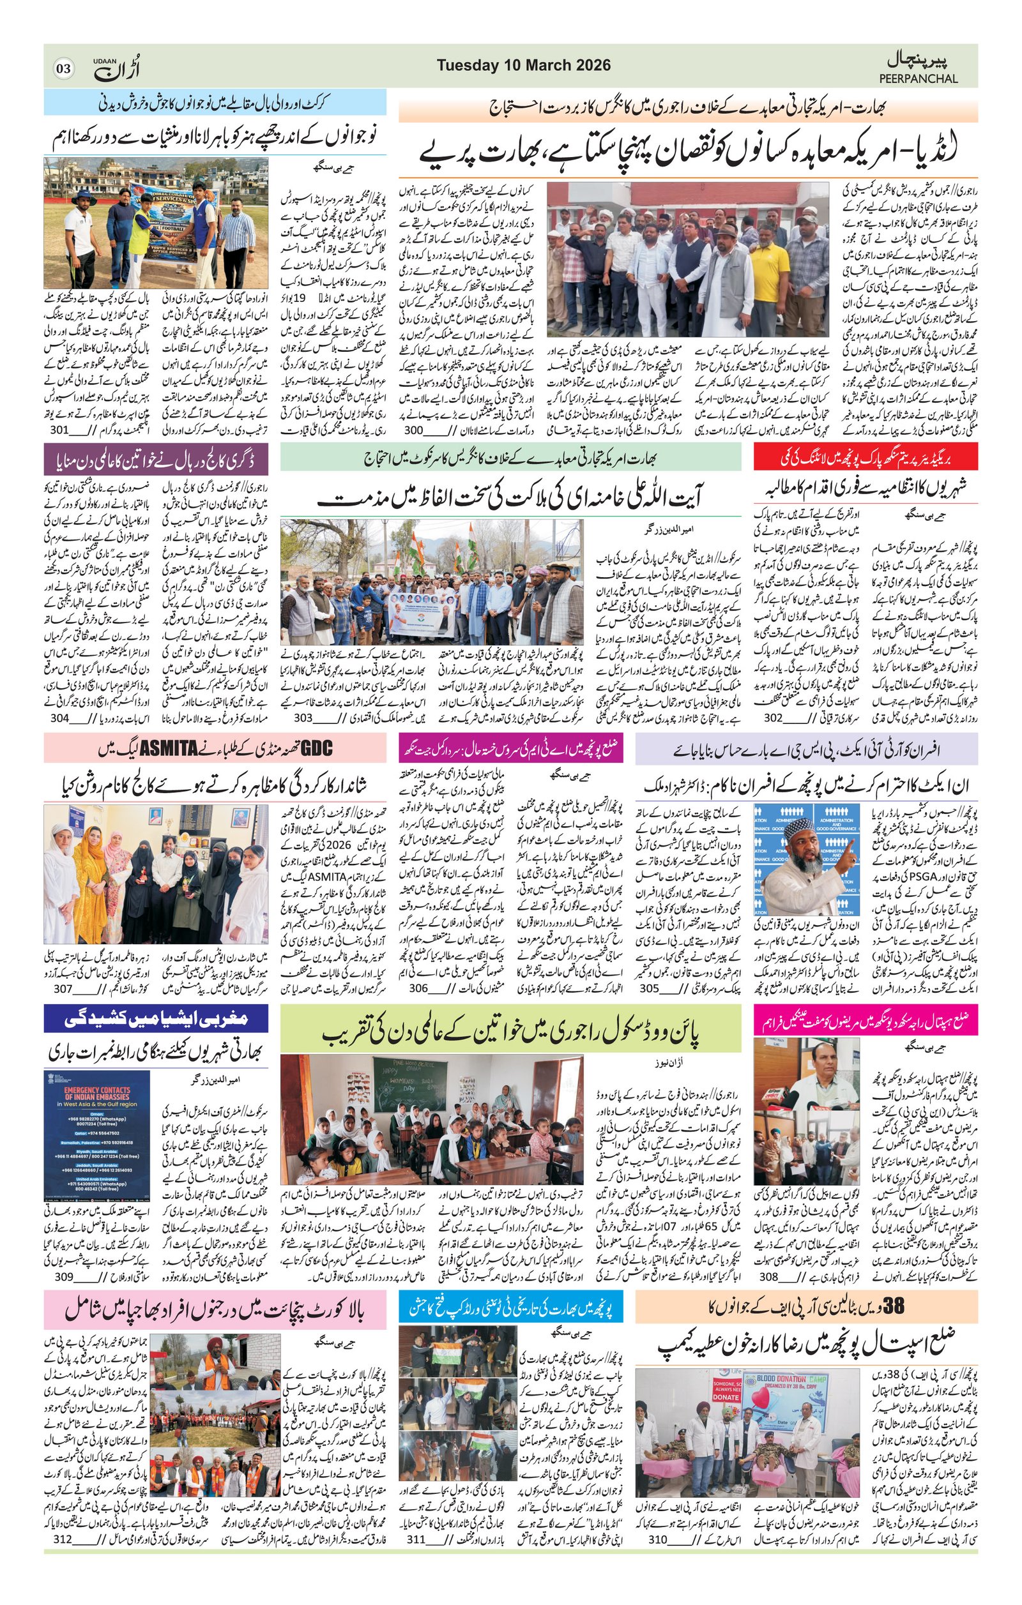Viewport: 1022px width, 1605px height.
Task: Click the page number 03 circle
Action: pos(63,68)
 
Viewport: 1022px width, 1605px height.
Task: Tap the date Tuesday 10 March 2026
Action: pos(523,65)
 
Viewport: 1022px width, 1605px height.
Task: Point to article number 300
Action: pos(414,430)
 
